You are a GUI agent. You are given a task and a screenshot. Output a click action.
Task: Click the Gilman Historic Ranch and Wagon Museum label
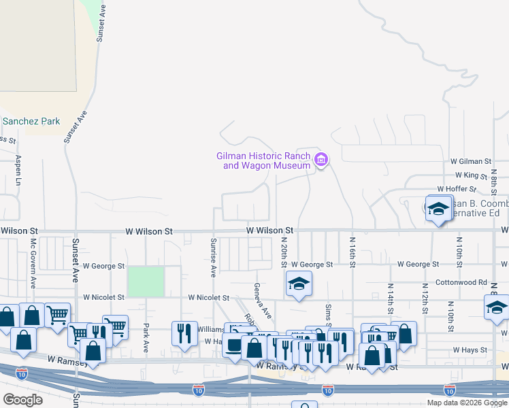click(x=263, y=160)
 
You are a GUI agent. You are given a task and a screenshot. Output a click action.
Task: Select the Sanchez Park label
click(x=31, y=122)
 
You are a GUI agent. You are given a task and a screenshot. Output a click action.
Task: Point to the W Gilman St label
click(x=470, y=161)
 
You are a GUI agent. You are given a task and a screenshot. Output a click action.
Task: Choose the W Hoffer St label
click(x=459, y=189)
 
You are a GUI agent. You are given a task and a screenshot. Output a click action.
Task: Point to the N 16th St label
click(x=352, y=250)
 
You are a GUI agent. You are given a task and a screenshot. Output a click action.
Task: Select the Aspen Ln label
click(x=18, y=171)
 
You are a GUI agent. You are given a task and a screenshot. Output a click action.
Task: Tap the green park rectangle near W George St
click(x=146, y=282)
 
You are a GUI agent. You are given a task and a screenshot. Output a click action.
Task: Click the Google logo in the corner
click(x=22, y=400)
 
